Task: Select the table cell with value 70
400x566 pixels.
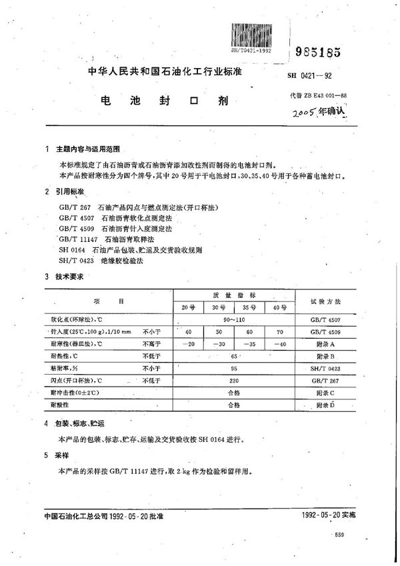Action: (281, 331)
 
